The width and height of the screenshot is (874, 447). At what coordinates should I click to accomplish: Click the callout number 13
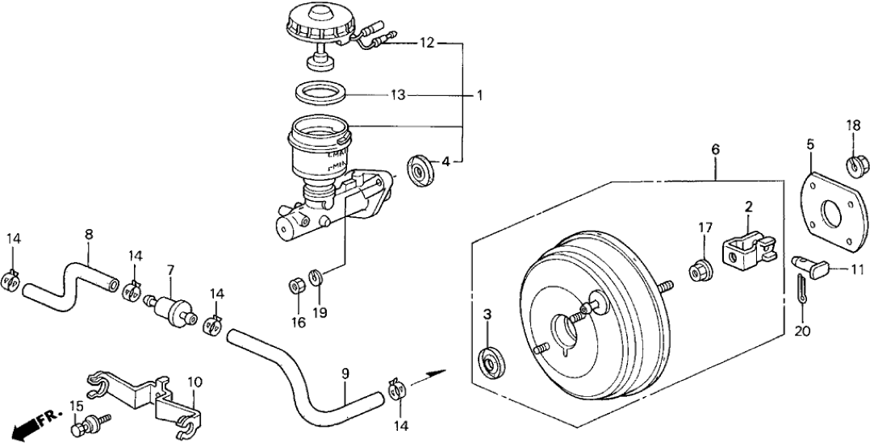click(x=396, y=95)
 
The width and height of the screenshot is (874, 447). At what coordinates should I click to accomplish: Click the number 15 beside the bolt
click(x=77, y=405)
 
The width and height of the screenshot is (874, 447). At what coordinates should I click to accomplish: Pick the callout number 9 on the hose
click(x=345, y=374)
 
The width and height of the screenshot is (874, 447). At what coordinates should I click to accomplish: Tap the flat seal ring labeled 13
click(x=320, y=94)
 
